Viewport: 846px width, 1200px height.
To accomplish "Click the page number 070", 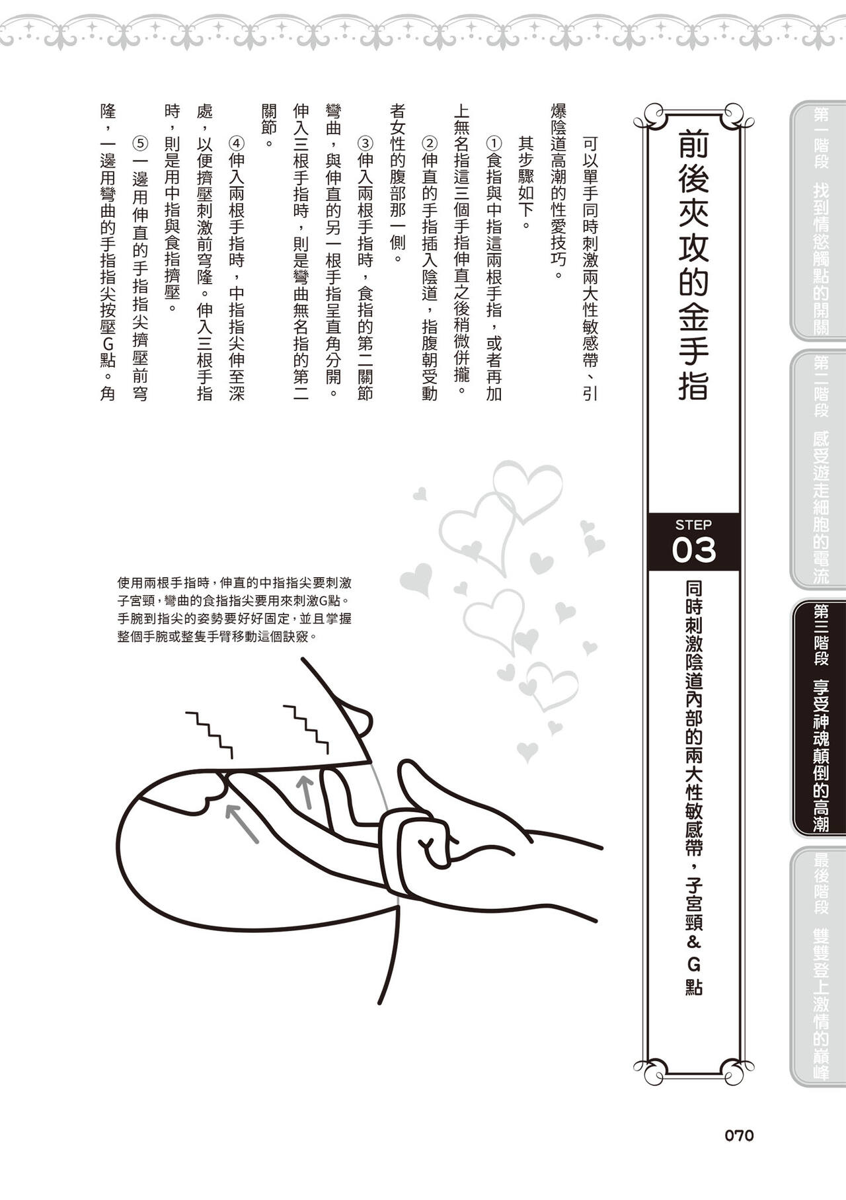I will pos(739,1135).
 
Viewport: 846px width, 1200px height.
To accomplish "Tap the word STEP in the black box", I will pos(693,525).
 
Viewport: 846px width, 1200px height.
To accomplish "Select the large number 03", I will pos(693,550).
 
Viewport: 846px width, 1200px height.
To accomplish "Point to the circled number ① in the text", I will pos(494,143).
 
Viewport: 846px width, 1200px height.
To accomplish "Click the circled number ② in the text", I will pos(430,143).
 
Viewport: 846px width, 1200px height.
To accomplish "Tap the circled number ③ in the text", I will pos(365,143).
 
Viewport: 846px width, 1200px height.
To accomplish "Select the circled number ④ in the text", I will pos(237,143).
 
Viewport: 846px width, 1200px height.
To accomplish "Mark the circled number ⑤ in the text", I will pos(140,143).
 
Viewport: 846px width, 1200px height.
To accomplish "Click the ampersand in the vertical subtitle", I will pos(693,941).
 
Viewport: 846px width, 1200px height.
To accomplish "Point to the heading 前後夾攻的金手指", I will pos(693,264).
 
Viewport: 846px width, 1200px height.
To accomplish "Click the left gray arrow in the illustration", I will pos(241,823).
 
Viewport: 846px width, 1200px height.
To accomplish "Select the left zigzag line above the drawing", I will pos(210,734).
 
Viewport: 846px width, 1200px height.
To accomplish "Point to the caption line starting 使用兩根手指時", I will pos(234,583).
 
